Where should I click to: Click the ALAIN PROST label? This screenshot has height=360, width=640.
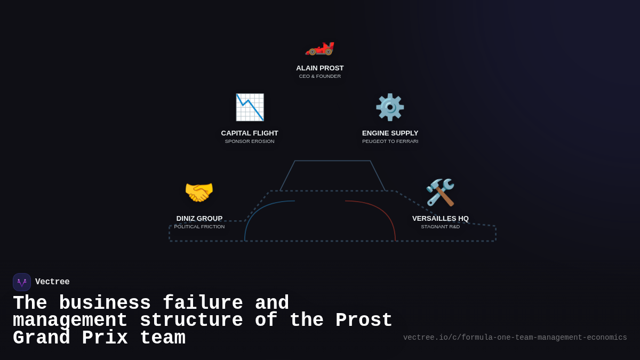click(320, 68)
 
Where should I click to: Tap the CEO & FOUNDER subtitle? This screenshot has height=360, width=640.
click(320, 76)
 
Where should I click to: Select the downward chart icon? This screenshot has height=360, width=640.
click(250, 107)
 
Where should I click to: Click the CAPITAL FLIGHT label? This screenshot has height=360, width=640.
click(250, 133)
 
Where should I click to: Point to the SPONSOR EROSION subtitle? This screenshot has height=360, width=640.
click(250, 141)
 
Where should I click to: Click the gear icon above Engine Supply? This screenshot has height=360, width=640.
click(390, 107)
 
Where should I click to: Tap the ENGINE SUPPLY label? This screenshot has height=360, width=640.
click(390, 133)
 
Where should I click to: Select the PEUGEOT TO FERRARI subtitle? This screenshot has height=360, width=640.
click(390, 141)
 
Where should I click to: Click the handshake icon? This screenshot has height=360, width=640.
click(199, 192)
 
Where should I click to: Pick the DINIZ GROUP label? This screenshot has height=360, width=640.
click(199, 219)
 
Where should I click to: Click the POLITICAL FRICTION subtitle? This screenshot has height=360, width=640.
click(199, 227)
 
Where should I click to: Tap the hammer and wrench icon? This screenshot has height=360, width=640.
click(440, 192)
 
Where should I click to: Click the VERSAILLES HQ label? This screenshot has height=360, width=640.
click(441, 219)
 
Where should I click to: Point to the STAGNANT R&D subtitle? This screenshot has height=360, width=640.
click(441, 227)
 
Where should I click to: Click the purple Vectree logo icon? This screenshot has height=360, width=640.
click(22, 282)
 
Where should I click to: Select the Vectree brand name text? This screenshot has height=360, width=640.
click(52, 282)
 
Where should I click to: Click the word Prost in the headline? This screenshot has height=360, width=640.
click(364, 321)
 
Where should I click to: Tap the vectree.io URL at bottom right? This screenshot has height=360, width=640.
click(515, 338)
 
